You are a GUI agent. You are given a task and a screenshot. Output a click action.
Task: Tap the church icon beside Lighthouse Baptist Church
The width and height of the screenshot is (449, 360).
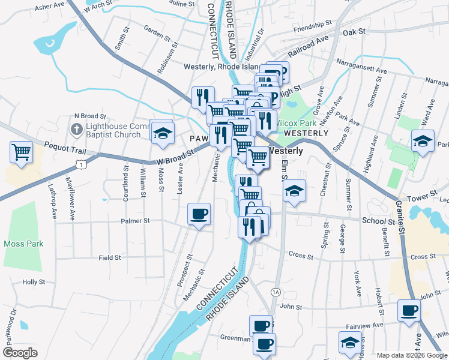pyautogui.click(x=76, y=129)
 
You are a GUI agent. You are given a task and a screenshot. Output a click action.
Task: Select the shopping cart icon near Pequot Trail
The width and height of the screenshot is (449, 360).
pyautogui.click(x=21, y=151)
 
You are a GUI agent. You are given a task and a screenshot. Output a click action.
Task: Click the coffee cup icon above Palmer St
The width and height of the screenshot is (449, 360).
pyautogui.click(x=199, y=213)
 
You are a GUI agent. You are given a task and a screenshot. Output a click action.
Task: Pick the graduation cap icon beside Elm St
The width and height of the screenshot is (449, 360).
pyautogui.click(x=294, y=191)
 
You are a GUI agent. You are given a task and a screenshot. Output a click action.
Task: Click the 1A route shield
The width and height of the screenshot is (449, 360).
pyautogui.click(x=276, y=292)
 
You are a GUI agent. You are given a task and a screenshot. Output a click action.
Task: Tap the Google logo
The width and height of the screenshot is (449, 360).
pyautogui.click(x=20, y=353)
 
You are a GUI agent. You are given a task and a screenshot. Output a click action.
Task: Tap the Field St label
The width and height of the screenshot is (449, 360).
pyautogui.click(x=110, y=257)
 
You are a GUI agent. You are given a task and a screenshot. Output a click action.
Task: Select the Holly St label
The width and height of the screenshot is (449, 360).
pyautogui.click(x=34, y=281)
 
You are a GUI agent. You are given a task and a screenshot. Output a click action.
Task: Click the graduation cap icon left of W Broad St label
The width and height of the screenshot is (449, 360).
pyautogui.click(x=162, y=134)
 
